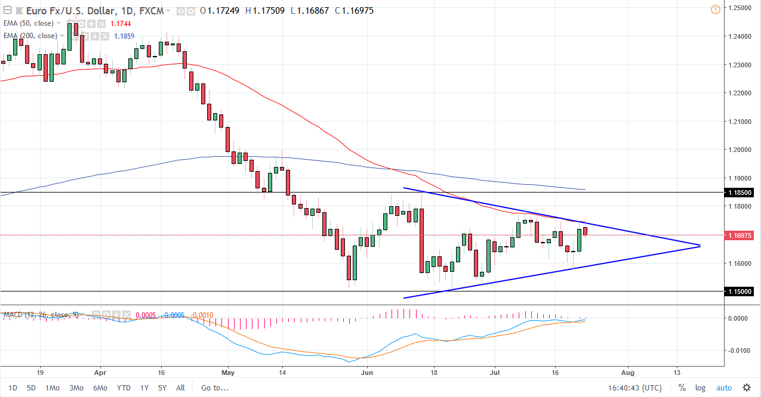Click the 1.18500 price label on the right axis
[740, 193]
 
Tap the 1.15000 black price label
[740, 291]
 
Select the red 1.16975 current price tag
[740, 235]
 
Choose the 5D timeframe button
[31, 387]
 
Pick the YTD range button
[124, 387]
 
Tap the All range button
[181, 387]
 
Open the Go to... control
[214, 387]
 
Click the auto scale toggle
[723, 388]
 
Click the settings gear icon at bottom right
[746, 388]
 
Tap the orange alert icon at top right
[716, 10]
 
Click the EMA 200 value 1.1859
[124, 36]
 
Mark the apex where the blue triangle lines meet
[700, 246]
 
